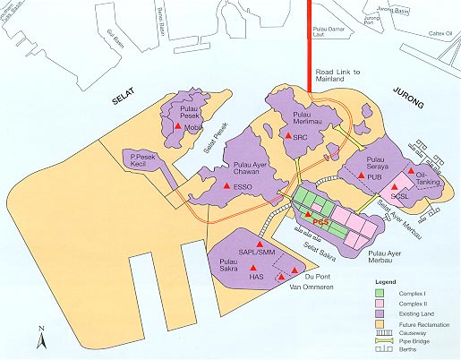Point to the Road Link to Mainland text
(x=337, y=77)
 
